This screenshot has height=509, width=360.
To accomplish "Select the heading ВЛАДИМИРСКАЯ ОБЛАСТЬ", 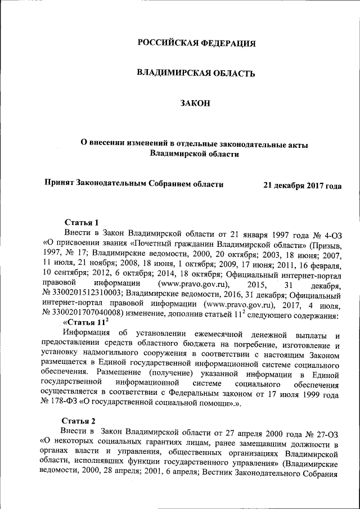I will [x=197, y=73].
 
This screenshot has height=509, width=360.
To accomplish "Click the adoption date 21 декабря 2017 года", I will [x=302, y=185].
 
